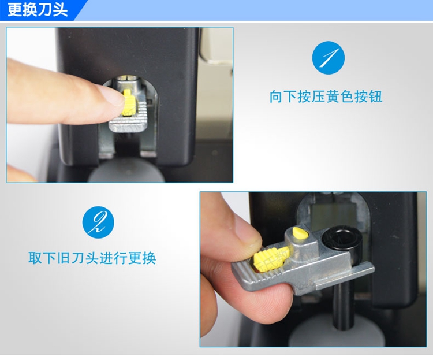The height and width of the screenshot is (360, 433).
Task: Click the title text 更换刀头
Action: click(x=38, y=10)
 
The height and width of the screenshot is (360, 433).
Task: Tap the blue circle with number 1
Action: click(x=329, y=58)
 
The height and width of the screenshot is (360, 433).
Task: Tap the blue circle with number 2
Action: click(x=98, y=222)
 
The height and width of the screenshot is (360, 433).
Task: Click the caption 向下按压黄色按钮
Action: click(x=326, y=97)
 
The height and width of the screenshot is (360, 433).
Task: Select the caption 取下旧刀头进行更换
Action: click(x=92, y=258)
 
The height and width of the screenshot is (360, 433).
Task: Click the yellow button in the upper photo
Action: click(x=129, y=102)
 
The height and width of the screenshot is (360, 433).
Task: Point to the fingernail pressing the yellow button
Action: click(x=112, y=95)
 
